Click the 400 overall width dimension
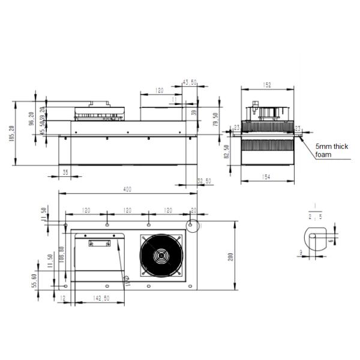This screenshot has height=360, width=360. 127,190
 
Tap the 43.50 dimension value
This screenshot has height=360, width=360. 189,82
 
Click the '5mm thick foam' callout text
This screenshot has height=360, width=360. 331,150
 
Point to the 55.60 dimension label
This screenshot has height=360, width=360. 35,281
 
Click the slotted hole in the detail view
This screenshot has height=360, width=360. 314,238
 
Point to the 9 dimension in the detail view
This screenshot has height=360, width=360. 300,253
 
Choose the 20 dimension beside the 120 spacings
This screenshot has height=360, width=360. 193,210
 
